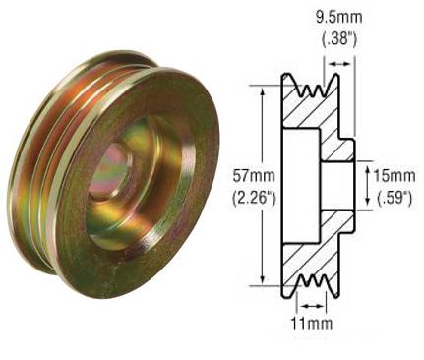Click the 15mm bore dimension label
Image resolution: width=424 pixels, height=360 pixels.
(395, 174)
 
